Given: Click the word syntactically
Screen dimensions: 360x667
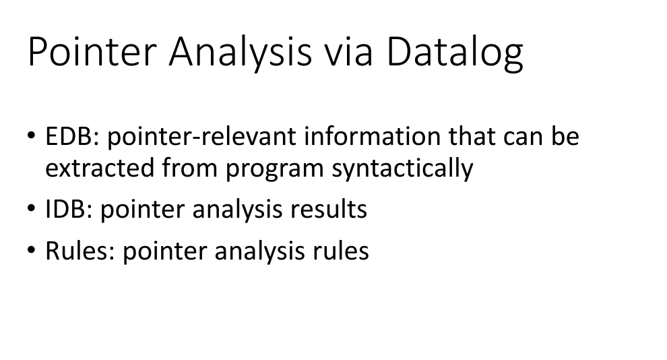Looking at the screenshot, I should pos(402,168).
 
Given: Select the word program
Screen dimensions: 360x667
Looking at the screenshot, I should pos(275,168).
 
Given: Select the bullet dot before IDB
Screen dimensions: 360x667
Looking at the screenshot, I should pos(31,210).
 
